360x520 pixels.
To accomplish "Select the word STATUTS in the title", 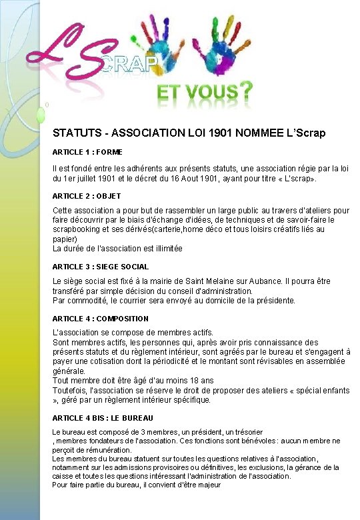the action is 75,133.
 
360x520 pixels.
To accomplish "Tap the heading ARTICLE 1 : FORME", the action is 87,153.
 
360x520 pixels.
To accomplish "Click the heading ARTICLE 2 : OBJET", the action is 87,196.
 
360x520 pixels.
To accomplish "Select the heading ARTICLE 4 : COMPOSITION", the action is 101,319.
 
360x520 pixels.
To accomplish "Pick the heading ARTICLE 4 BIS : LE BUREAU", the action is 103,418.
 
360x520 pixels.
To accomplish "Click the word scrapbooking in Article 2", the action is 76,229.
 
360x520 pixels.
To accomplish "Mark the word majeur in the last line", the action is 207,485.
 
